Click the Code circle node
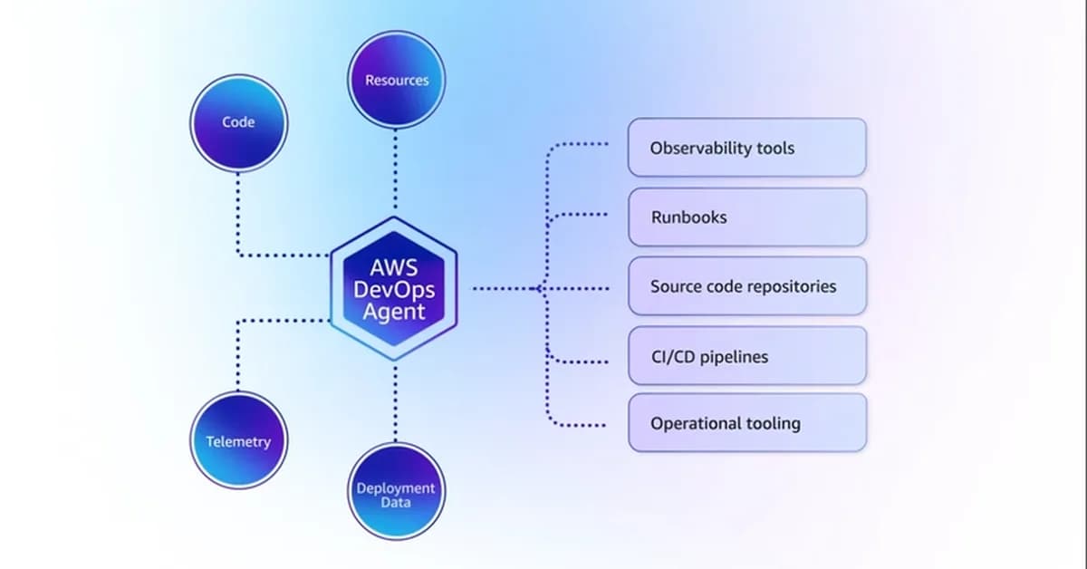tap(238, 122)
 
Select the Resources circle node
tap(397, 80)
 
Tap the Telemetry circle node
tap(238, 441)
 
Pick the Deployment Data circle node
tap(396, 494)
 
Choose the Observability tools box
tap(747, 147)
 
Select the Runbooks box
tap(747, 217)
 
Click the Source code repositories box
tap(747, 286)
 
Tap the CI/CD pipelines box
tap(747, 356)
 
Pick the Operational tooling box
tap(747, 423)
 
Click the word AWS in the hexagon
tap(395, 268)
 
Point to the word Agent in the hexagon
tap(395, 312)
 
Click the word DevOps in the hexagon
tap(395, 290)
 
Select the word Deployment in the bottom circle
tap(396, 487)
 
